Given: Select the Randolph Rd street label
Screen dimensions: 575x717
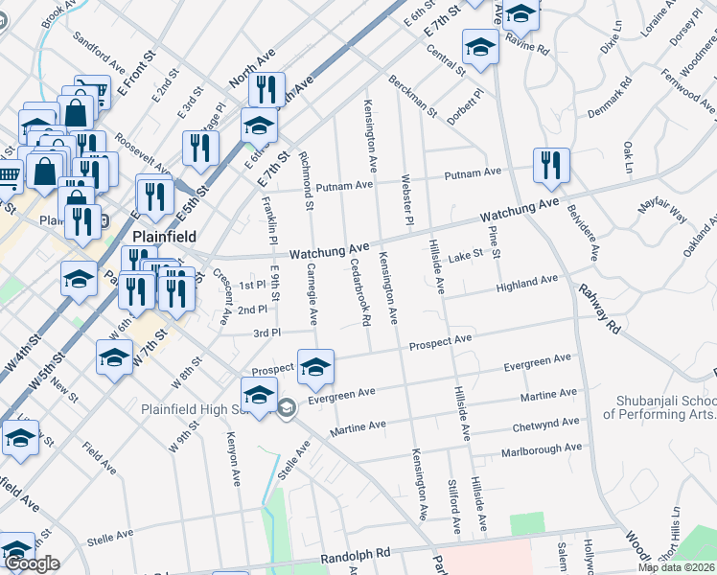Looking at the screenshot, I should coord(356,554).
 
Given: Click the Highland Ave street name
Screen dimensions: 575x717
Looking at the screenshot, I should coord(526,284).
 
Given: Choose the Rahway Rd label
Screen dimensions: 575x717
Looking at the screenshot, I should coord(601,307).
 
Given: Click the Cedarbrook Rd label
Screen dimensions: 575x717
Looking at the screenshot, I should coord(359,291).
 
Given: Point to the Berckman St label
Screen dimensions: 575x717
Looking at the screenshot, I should coord(412,95).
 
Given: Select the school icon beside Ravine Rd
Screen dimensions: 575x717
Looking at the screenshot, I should coord(521,12).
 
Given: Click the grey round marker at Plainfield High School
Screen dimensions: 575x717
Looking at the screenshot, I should coord(286,409).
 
